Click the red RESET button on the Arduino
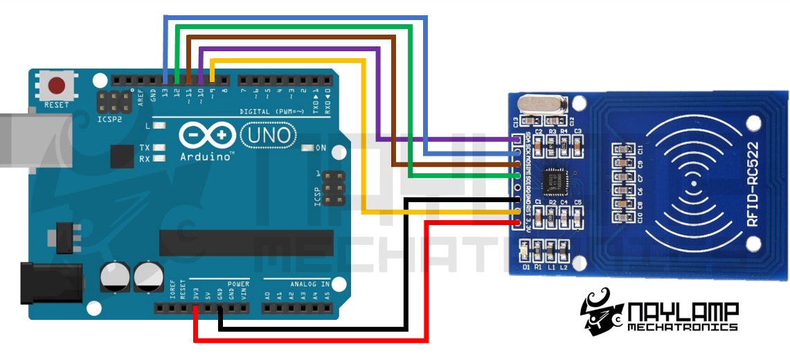[56, 86]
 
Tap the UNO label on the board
[267, 135]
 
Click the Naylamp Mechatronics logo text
[682, 316]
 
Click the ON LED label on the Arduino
[321, 148]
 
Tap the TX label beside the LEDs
[145, 148]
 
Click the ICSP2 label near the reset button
[113, 118]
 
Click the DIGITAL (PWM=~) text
[270, 111]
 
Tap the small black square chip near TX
[123, 156]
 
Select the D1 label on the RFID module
[527, 267]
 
